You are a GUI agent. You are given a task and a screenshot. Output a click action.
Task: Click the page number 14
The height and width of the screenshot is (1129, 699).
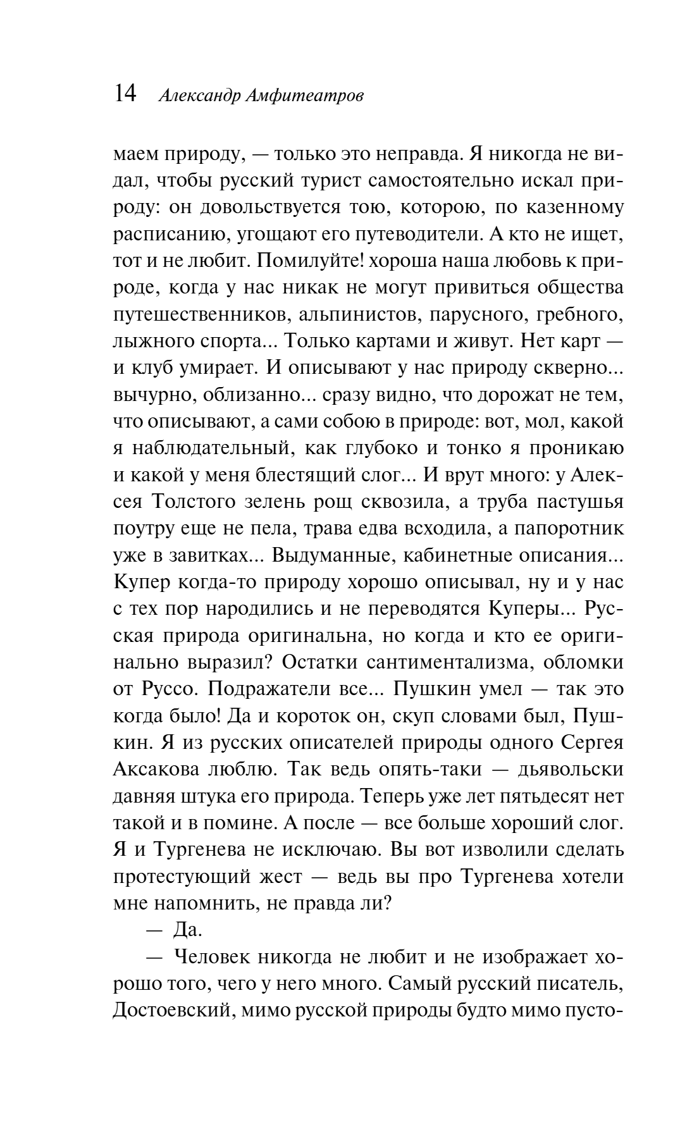pos(125,94)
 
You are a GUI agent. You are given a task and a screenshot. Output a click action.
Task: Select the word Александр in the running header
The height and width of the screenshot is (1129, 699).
pos(198,96)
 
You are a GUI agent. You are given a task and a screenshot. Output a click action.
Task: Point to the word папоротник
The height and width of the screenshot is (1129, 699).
pos(573,527)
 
